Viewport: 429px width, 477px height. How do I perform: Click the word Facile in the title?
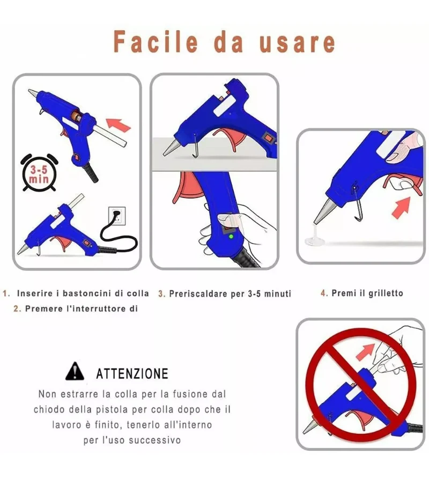click(155, 42)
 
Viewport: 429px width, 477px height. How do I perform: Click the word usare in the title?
click(297, 42)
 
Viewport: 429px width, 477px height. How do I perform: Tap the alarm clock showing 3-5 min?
click(39, 172)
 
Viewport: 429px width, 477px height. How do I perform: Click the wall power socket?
click(117, 216)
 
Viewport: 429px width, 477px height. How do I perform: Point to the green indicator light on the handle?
click(231, 236)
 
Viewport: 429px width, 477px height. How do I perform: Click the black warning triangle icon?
click(75, 371)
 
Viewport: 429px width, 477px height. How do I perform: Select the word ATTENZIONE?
click(132, 373)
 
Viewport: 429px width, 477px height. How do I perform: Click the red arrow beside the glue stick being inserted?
click(119, 124)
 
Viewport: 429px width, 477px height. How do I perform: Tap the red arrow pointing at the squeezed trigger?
click(401, 207)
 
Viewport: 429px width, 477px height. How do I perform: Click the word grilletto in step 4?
click(386, 293)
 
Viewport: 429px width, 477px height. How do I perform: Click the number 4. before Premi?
click(324, 293)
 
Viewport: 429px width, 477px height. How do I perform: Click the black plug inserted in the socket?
click(116, 216)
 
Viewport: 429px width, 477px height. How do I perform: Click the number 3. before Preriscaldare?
click(162, 294)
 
